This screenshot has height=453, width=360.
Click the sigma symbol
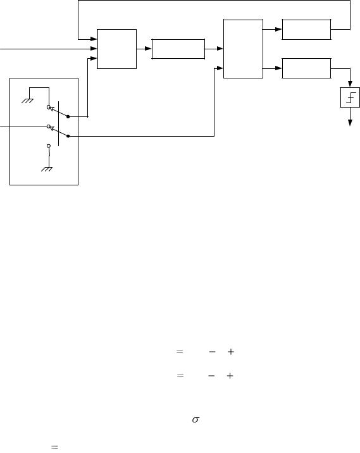(x=196, y=419)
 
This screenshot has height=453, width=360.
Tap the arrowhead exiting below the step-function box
(x=350, y=123)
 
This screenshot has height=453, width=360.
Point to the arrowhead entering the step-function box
(x=350, y=84)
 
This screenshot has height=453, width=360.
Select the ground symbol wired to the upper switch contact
(x=27, y=101)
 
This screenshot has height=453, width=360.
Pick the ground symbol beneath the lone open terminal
(x=47, y=169)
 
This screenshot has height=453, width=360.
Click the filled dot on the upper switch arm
(x=68, y=116)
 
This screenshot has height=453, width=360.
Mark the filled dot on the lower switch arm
(x=68, y=136)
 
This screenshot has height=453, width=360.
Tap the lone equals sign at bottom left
(x=54, y=447)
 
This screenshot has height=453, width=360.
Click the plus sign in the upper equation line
(x=230, y=352)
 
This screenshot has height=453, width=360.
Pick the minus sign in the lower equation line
(x=211, y=376)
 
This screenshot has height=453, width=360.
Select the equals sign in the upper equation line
(x=180, y=352)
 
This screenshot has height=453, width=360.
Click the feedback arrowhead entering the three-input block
(x=94, y=39)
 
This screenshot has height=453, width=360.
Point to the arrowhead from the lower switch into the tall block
(x=220, y=68)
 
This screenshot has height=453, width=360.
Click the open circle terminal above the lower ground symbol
(x=49, y=146)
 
